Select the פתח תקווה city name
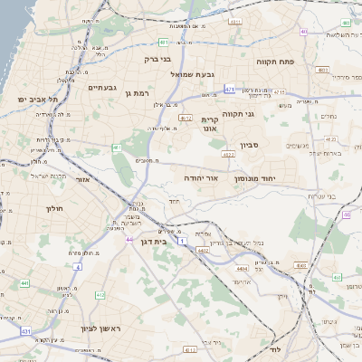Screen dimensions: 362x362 (271, 62)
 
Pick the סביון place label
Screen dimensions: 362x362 (251, 145)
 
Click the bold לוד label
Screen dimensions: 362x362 (274, 348)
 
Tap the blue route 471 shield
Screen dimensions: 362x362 (230, 90)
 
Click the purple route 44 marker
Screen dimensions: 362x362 (129, 240)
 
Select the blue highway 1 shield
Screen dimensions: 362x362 (182, 242)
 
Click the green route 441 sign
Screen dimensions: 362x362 (25, 283)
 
